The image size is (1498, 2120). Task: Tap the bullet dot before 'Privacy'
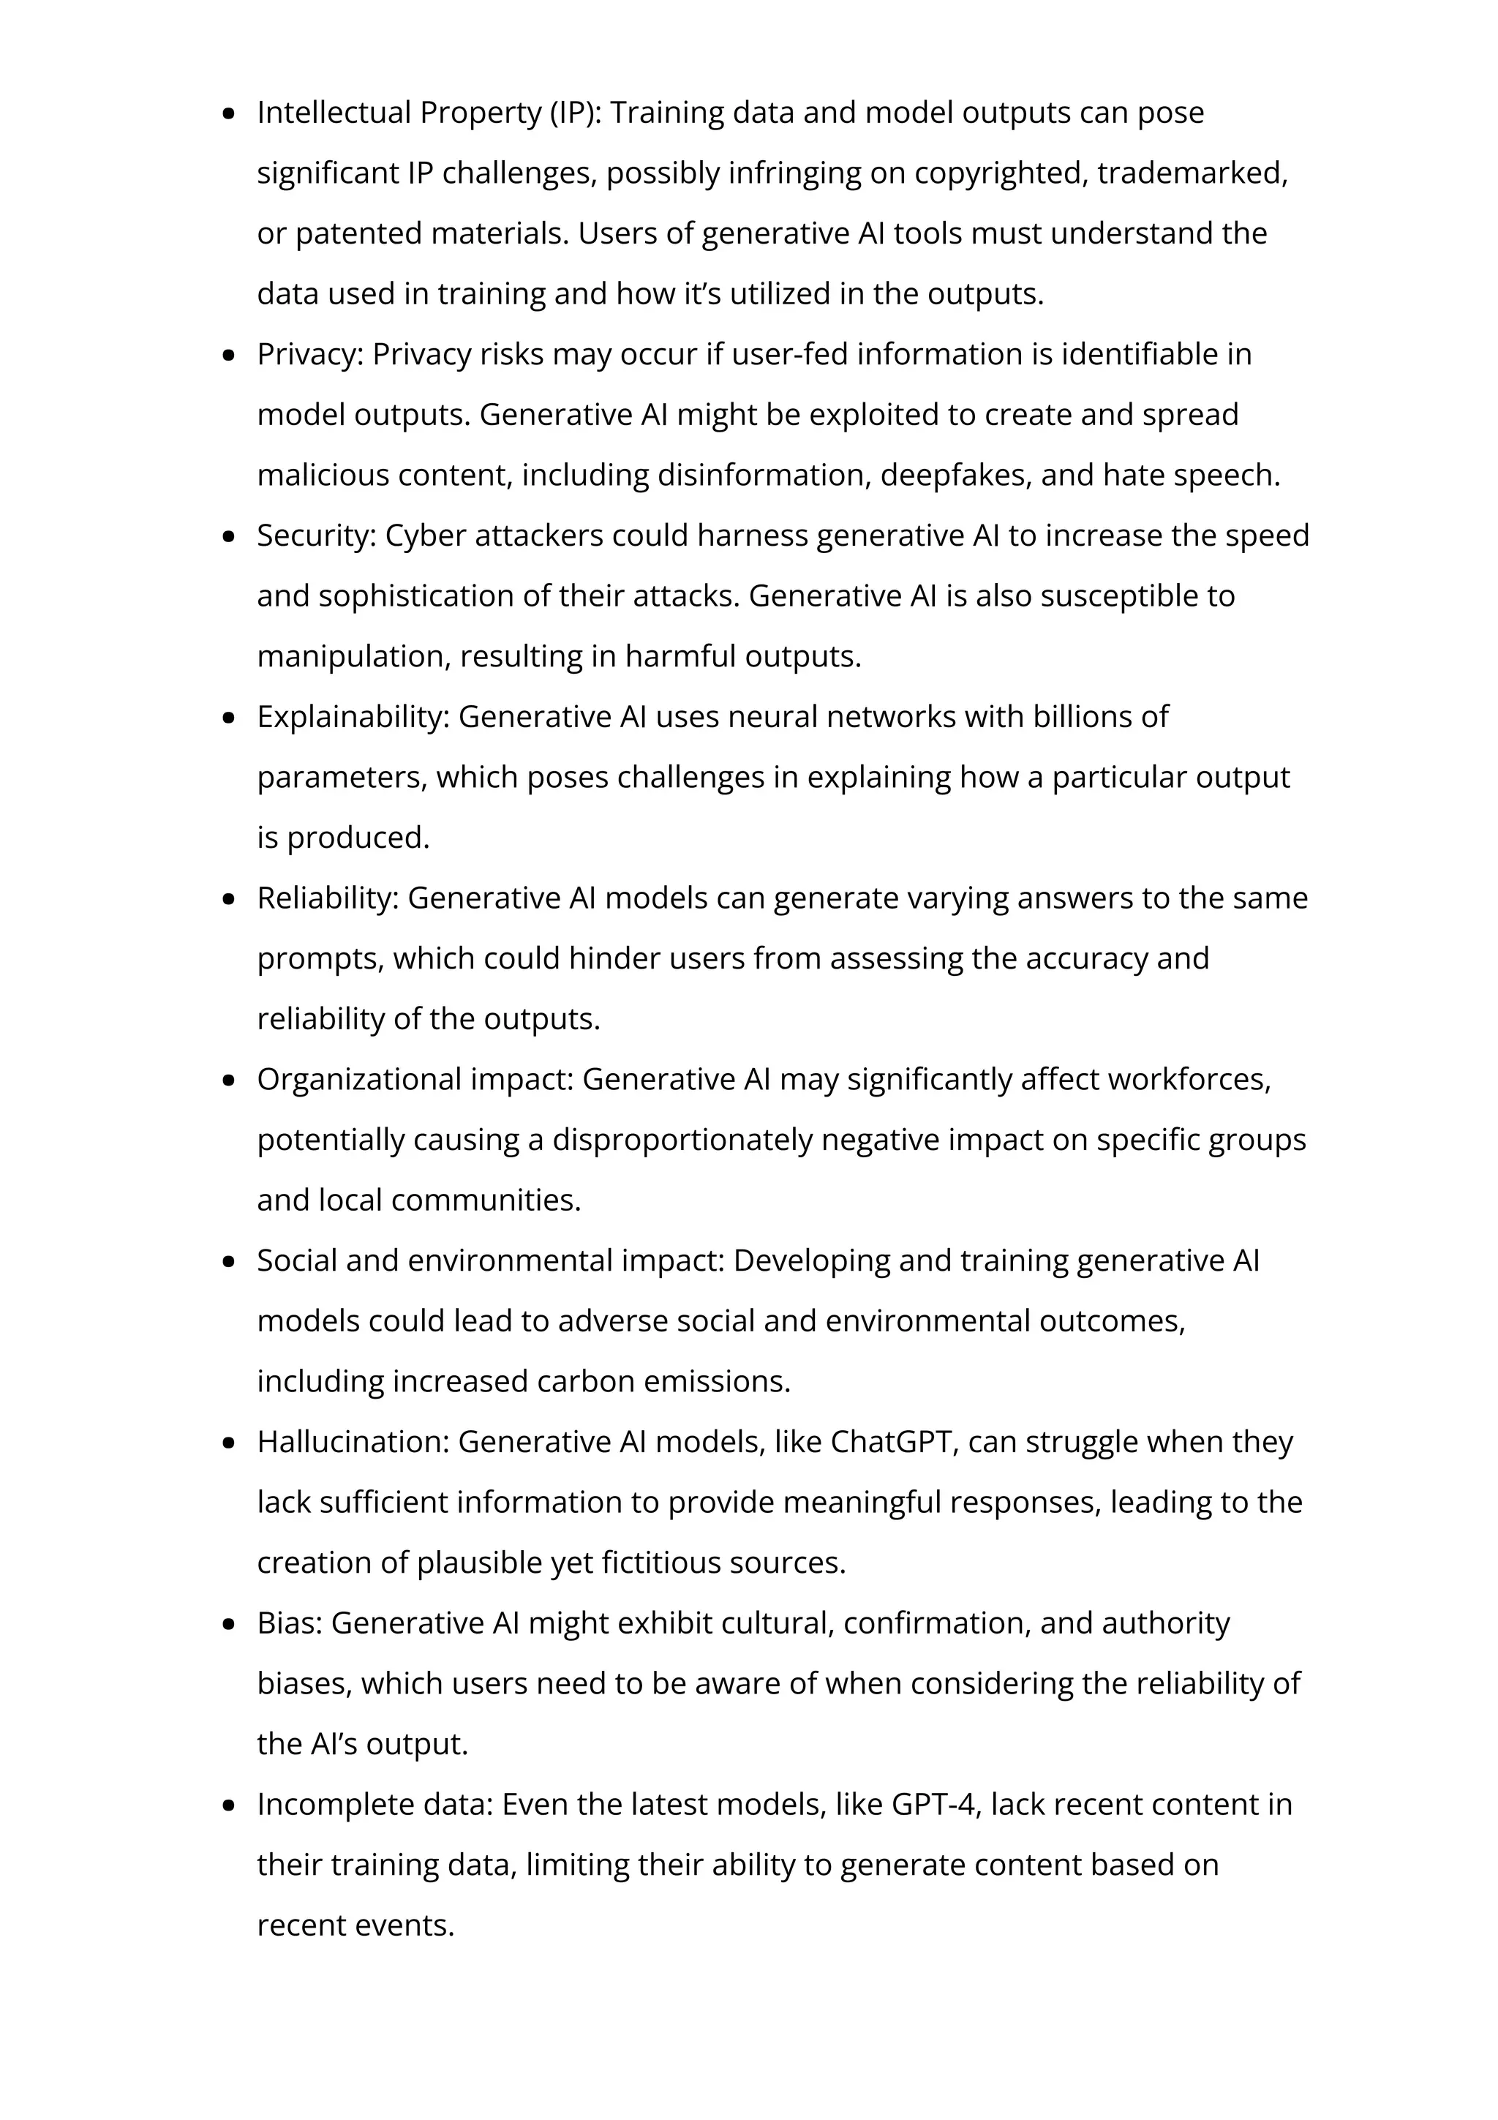(230, 356)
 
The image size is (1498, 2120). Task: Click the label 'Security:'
(316, 535)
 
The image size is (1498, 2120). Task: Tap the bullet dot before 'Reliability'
(230, 899)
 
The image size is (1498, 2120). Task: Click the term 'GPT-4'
(933, 1804)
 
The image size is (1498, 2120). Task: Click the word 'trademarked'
(1191, 173)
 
